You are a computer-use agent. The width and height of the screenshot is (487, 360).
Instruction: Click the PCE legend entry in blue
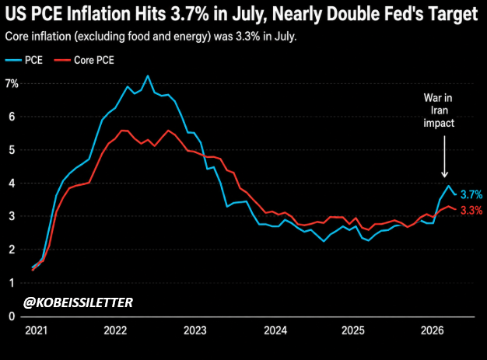coord(23,60)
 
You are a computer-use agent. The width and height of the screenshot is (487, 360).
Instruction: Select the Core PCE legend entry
coord(84,60)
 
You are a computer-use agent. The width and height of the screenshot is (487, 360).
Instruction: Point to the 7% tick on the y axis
coord(12,83)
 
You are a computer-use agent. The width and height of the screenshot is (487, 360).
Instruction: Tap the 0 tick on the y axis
coord(12,316)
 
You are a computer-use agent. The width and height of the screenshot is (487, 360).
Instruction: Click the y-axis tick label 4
coord(12,183)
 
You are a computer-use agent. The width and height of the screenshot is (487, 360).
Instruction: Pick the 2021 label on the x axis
coord(37,330)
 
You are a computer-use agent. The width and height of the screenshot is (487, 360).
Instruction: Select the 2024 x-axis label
coord(275,330)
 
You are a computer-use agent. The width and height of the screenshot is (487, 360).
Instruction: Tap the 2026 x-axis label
coord(433,330)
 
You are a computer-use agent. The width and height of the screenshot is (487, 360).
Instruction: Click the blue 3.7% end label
coord(471,194)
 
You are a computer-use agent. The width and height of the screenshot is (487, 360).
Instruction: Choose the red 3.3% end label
coord(471,211)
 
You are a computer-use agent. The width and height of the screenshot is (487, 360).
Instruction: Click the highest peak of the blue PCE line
coord(148,75)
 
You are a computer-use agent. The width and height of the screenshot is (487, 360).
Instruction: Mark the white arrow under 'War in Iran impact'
coord(444,156)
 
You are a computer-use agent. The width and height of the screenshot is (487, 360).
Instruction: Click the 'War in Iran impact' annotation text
coord(439,110)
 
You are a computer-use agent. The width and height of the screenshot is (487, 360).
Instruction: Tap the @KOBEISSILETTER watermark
coord(78,302)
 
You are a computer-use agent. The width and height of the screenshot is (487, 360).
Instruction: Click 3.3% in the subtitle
coord(248,37)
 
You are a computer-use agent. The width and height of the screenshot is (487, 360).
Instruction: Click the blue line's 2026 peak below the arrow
coord(448,186)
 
